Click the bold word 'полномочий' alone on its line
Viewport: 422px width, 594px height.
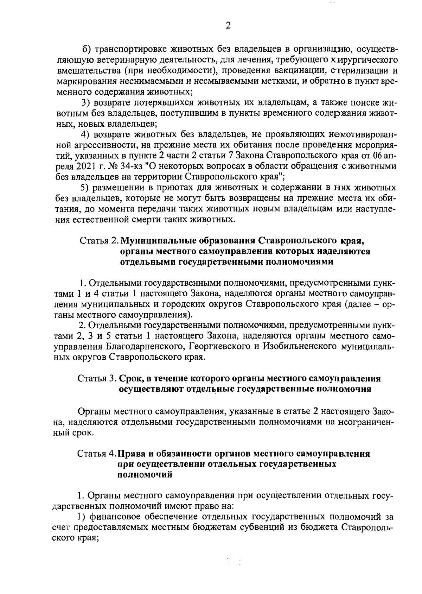[145, 475]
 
